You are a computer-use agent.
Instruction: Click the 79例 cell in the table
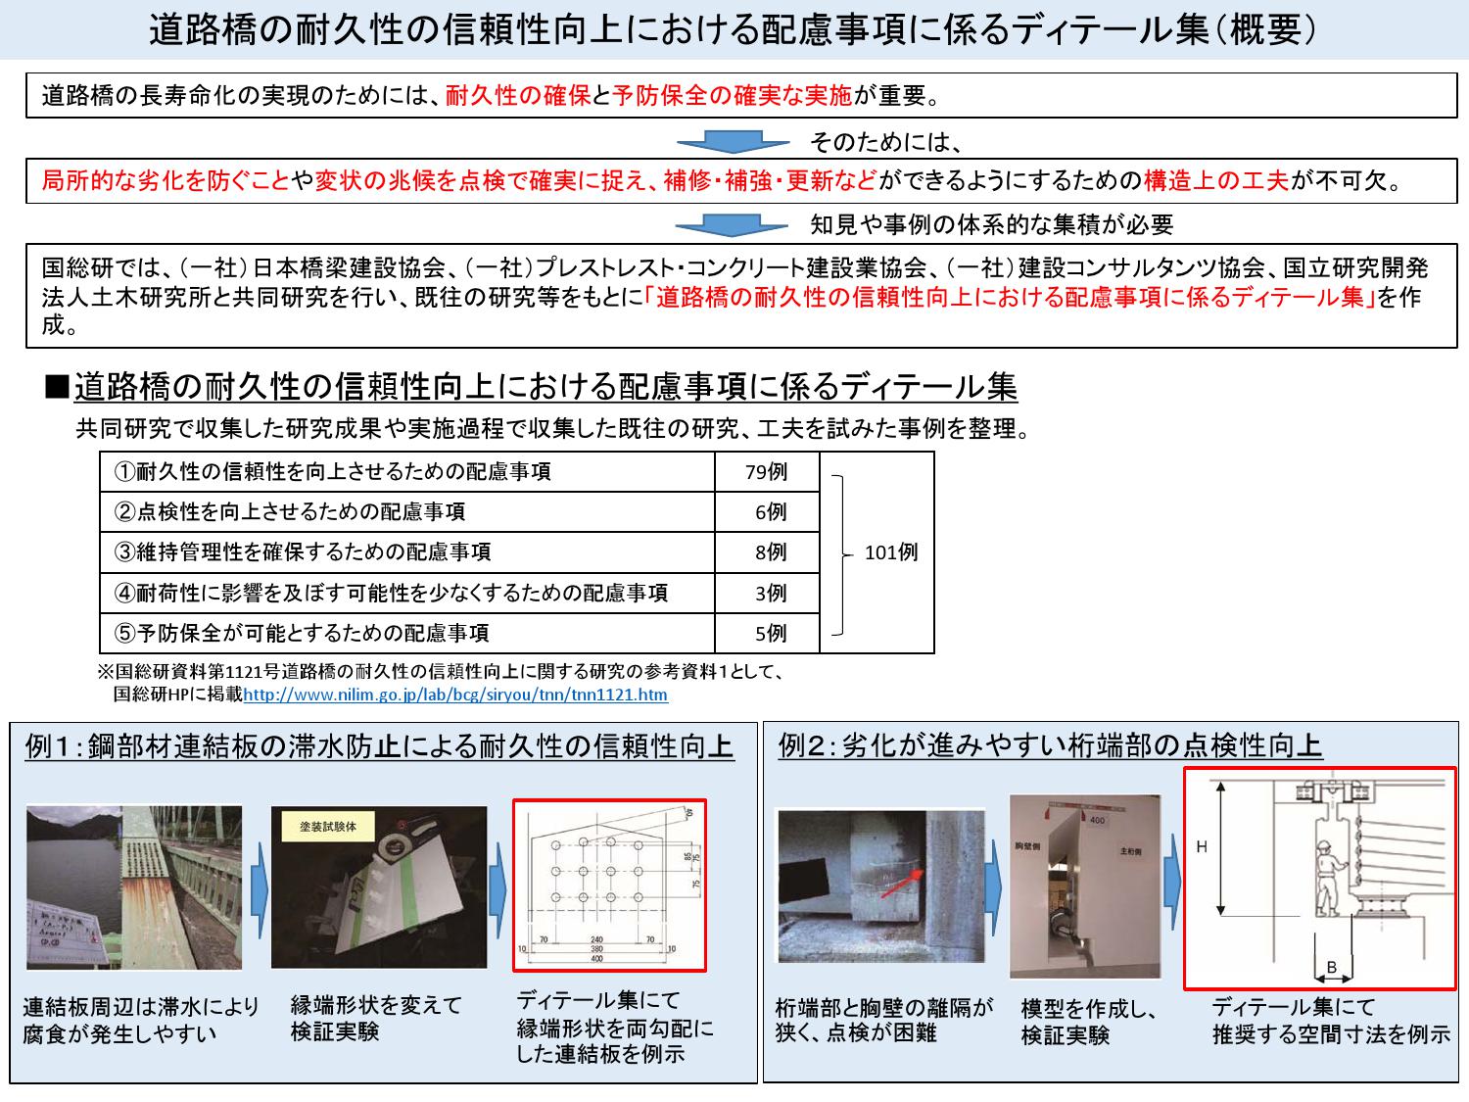(x=766, y=472)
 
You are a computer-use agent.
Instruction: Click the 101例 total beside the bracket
(x=891, y=552)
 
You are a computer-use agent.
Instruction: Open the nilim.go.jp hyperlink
(x=455, y=695)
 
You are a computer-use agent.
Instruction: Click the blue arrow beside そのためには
(x=733, y=143)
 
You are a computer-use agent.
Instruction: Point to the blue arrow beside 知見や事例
(x=733, y=225)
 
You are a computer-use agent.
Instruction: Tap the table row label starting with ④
(x=392, y=593)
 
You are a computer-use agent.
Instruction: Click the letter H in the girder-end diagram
(x=1202, y=846)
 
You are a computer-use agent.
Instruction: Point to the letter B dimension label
(x=1332, y=967)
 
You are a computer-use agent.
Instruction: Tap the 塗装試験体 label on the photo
(x=328, y=826)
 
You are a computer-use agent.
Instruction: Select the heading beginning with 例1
(x=380, y=747)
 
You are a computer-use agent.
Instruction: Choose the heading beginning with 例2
(x=1050, y=746)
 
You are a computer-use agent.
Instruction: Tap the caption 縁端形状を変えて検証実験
(x=376, y=1019)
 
